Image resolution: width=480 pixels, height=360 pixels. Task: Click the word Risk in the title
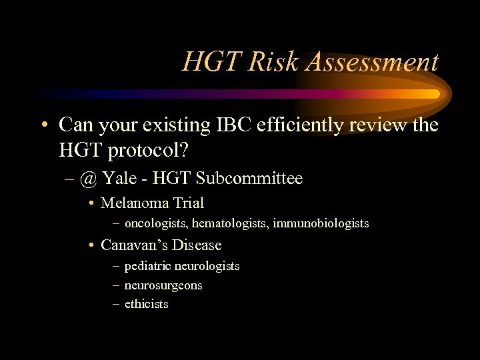(x=265, y=62)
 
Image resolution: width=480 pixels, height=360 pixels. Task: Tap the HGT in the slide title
(x=210, y=62)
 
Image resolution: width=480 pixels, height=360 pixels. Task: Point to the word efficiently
(x=297, y=125)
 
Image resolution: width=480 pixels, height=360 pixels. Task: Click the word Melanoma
(x=131, y=203)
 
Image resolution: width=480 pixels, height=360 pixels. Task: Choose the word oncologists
(x=155, y=224)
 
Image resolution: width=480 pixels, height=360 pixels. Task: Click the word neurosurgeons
(x=163, y=285)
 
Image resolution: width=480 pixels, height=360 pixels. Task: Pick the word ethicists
(x=147, y=304)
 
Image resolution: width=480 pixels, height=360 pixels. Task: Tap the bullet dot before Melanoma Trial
(x=91, y=203)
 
